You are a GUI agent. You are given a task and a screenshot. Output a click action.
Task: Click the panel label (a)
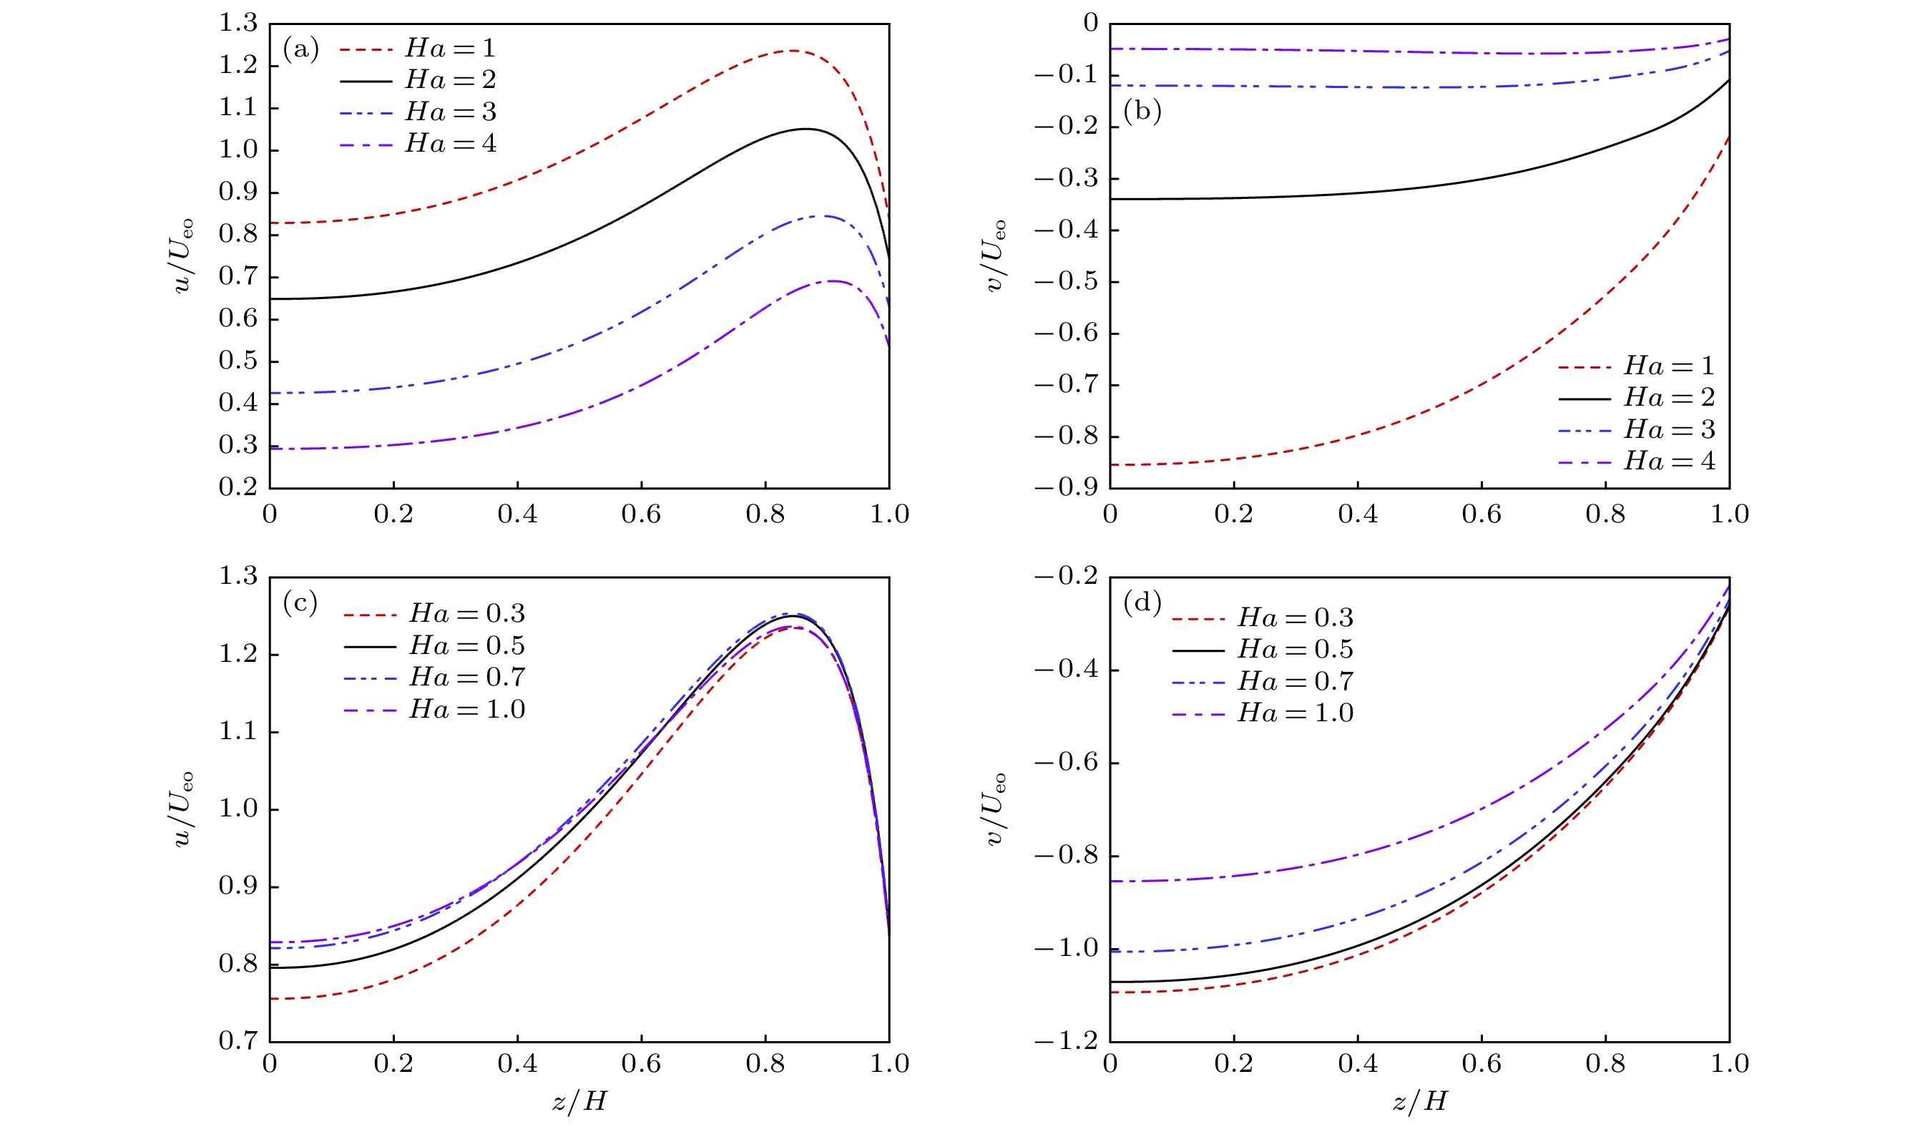tap(301, 50)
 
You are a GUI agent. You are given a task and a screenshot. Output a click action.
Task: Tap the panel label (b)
tap(1142, 112)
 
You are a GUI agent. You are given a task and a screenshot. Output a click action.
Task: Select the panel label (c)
tap(300, 602)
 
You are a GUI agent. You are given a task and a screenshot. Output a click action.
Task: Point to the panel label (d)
tap(1142, 602)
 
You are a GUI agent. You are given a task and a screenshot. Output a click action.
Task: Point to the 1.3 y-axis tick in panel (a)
tap(239, 24)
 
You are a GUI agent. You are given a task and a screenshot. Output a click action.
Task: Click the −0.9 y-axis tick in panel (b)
tap(1067, 487)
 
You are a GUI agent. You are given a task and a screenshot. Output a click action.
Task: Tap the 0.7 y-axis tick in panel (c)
tap(239, 1040)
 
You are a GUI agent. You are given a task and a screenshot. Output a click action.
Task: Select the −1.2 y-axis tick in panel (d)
tap(1067, 1040)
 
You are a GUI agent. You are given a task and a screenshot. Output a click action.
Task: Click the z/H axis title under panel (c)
tap(579, 1101)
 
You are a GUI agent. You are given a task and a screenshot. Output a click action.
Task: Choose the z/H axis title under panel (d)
tap(1419, 1101)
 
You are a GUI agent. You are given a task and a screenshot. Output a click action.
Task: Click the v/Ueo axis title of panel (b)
tap(996, 255)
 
